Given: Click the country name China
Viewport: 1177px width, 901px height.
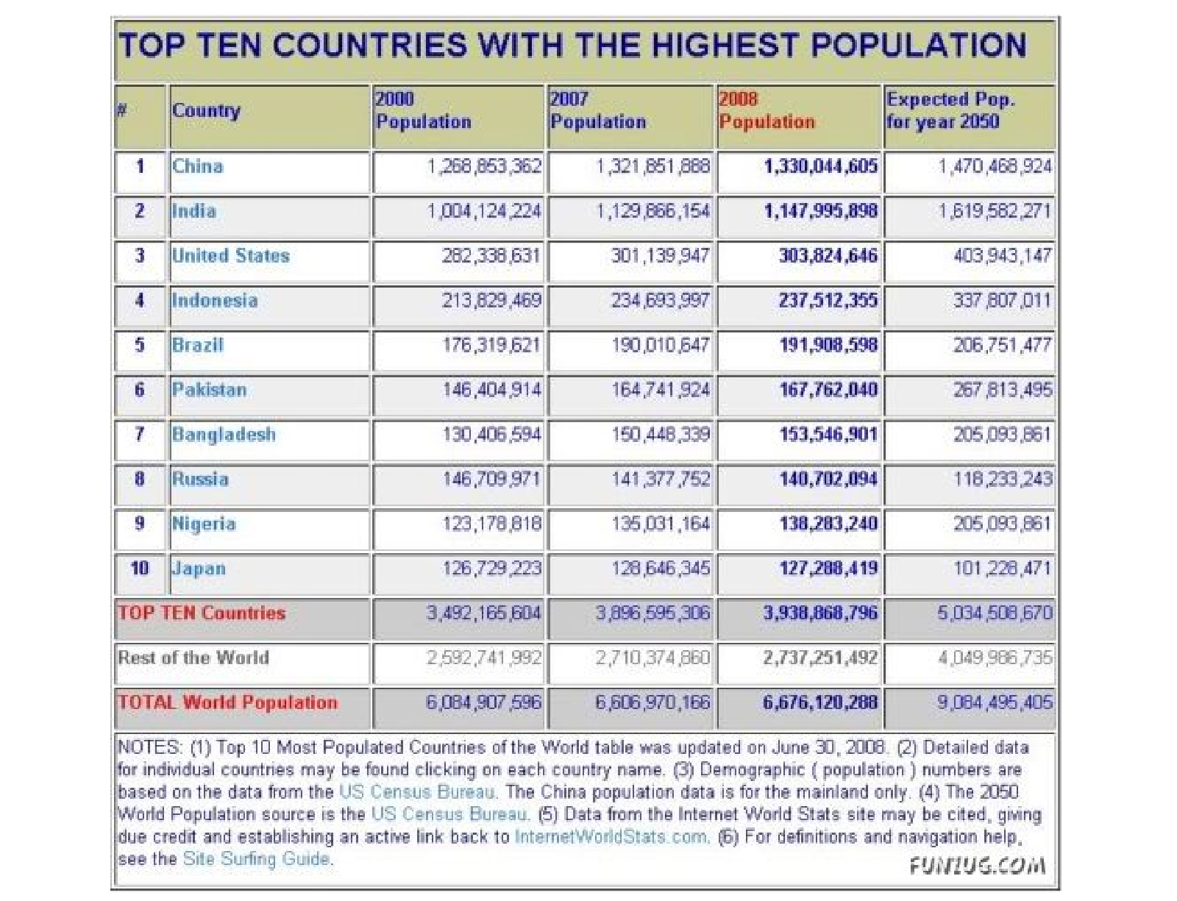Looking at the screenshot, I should [197, 166].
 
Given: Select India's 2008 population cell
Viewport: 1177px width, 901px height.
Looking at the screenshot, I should [820, 211].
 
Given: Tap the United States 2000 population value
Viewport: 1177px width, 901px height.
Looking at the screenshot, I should [491, 256].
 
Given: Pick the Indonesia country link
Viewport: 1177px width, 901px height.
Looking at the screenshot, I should [214, 301].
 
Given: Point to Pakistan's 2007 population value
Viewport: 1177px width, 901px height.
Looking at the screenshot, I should [661, 390].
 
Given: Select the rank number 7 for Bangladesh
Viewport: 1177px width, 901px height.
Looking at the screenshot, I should [140, 434].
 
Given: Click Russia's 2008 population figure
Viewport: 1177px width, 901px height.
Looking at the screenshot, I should [828, 480].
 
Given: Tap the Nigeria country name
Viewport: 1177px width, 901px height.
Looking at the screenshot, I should [204, 524].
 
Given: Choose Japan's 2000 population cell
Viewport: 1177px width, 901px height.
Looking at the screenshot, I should [491, 569].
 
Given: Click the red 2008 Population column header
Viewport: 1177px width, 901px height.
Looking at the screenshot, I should [767, 110].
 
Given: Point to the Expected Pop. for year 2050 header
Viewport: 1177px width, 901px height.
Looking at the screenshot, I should [950, 110].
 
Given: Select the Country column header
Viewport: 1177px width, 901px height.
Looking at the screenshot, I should [206, 110].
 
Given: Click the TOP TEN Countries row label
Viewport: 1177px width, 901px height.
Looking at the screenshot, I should [202, 613].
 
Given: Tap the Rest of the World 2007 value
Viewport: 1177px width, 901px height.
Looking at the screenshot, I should [652, 658].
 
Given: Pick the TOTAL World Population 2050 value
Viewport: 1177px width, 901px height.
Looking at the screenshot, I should [995, 702].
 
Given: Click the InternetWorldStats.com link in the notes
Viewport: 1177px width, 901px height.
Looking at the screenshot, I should [611, 837].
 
